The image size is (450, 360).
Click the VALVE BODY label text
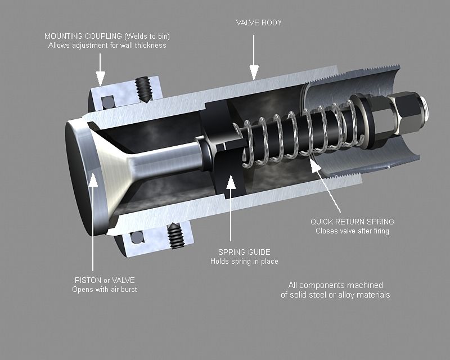(259, 23)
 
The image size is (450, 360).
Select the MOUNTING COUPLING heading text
(107, 36)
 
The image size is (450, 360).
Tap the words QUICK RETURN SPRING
(352, 222)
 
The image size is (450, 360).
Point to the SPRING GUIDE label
(244, 252)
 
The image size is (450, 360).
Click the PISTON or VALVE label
(105, 280)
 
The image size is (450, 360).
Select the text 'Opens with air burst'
(105, 290)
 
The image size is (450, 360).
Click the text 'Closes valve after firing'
(352, 231)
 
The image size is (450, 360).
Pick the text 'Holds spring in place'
(244, 262)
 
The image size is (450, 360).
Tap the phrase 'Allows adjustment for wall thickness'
(107, 45)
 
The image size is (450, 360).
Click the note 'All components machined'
(335, 285)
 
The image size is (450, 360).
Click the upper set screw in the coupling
(144, 89)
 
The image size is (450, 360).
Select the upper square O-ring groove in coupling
(106, 102)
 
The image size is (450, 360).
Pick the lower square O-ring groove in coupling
(137, 238)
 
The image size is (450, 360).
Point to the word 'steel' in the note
(326, 295)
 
